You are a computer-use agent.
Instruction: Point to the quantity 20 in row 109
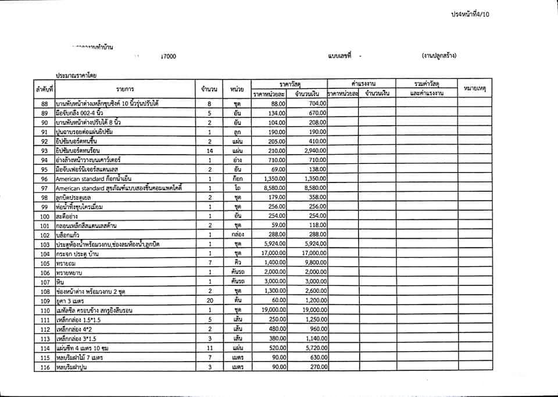210,301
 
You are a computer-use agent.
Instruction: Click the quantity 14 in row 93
210,150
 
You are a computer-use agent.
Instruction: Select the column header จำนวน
209,89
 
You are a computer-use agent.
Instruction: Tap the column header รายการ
125,89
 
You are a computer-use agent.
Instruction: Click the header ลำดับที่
44,89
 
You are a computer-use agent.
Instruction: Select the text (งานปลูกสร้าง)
439,56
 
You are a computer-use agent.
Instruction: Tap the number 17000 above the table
169,56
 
